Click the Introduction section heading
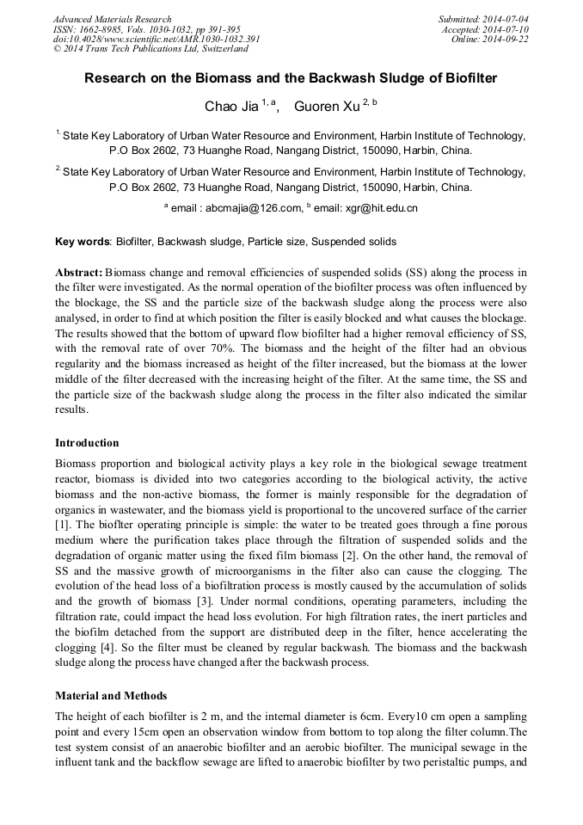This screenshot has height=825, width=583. coord(87,443)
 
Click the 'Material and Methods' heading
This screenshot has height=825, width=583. coord(111,695)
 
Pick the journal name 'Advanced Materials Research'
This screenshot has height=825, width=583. coord(113,19)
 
